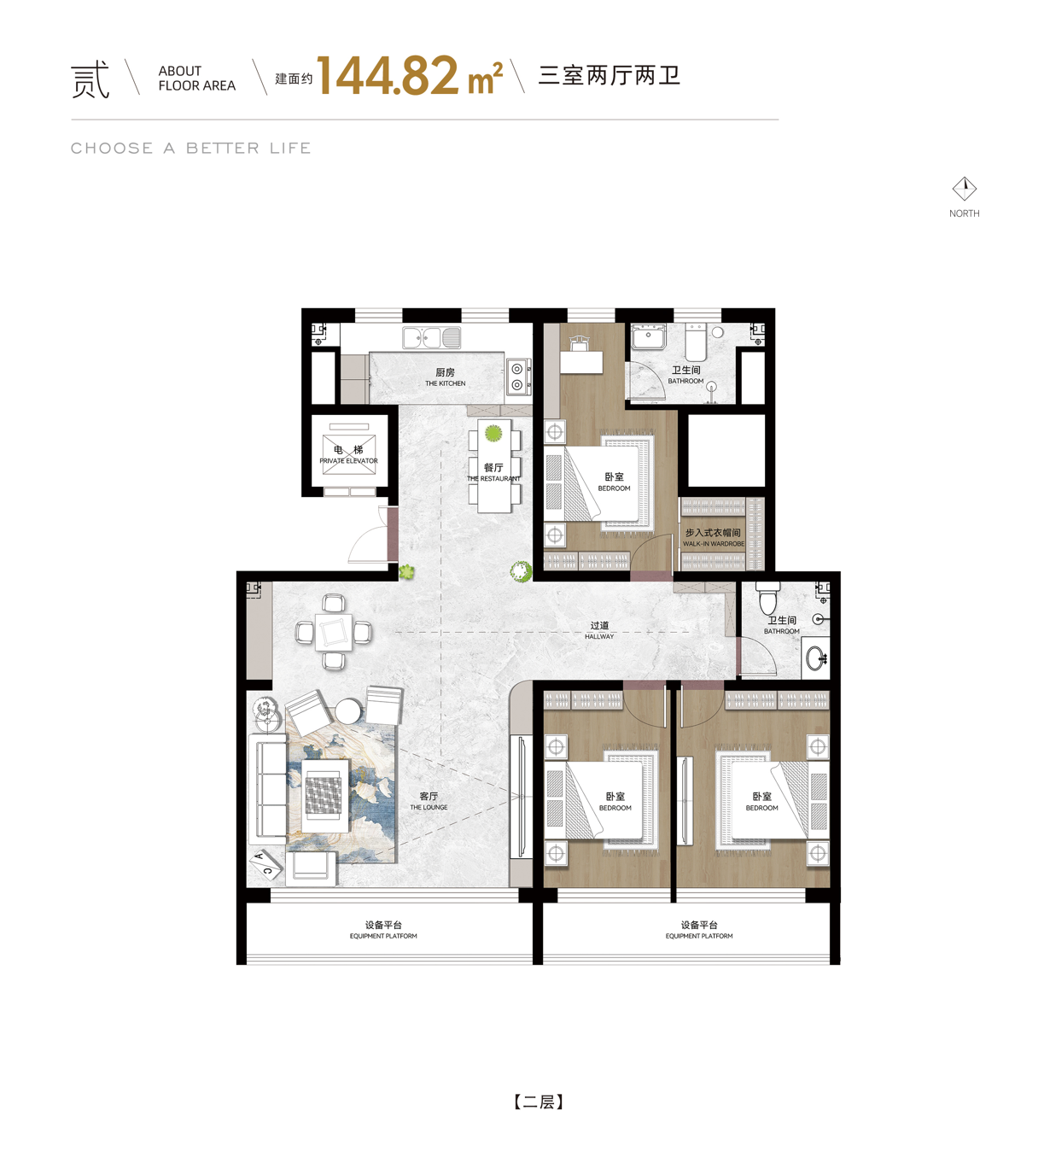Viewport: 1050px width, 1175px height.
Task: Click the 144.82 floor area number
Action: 388,75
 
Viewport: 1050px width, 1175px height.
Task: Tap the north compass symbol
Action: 964,189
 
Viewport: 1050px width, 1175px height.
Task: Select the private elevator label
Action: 348,455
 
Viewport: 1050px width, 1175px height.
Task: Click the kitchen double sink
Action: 432,337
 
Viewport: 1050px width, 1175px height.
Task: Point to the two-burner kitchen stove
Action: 517,377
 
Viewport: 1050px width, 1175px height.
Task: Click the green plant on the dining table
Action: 493,433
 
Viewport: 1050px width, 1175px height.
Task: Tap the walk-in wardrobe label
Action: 713,537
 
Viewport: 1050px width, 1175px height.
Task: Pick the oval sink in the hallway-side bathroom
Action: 817,658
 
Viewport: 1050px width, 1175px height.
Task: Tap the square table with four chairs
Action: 334,632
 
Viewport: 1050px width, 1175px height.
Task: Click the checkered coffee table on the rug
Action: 324,795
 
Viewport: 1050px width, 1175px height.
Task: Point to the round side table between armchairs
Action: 348,711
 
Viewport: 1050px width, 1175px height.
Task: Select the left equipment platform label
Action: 383,929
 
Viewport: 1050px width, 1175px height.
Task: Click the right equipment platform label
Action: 698,929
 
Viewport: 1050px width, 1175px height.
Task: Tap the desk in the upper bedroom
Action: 581,362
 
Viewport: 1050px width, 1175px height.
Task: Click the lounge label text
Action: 429,801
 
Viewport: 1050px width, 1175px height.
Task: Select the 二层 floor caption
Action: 539,1102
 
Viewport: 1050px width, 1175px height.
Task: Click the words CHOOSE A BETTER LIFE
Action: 190,148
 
